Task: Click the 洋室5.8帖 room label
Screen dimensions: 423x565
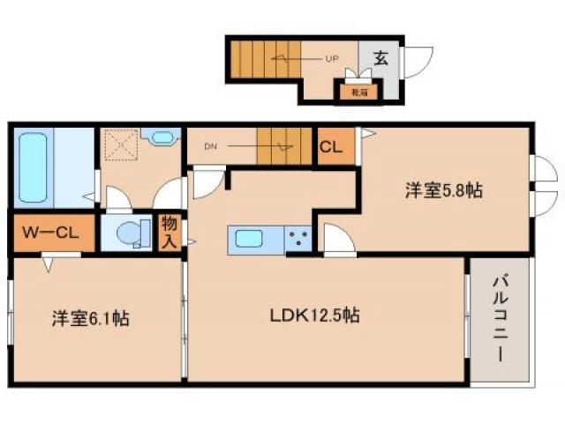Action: click(443, 190)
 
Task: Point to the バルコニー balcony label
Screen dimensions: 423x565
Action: click(500, 322)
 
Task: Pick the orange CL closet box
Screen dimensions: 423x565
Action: click(332, 148)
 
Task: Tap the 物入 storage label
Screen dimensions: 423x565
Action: click(169, 234)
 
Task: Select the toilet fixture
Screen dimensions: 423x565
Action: click(128, 234)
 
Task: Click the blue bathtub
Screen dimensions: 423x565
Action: click(35, 168)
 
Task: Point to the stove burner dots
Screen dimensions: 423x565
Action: click(298, 239)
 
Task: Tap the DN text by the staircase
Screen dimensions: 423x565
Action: click(210, 147)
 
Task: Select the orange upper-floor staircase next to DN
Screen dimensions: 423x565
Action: click(284, 146)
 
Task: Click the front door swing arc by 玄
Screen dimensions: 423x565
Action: click(418, 60)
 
